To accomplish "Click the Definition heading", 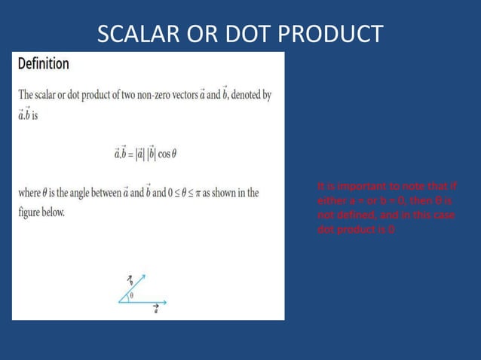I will click(44, 64).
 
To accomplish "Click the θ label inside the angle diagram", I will click(133, 295).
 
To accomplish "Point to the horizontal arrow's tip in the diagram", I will click(165, 302).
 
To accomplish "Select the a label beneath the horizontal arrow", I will click(155, 310).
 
